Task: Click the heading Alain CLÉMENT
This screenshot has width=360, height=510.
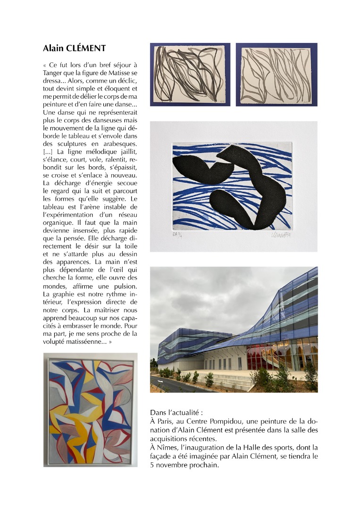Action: (74, 48)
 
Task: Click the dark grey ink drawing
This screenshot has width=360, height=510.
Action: (190, 75)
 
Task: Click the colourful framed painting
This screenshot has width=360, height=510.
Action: (90, 409)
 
